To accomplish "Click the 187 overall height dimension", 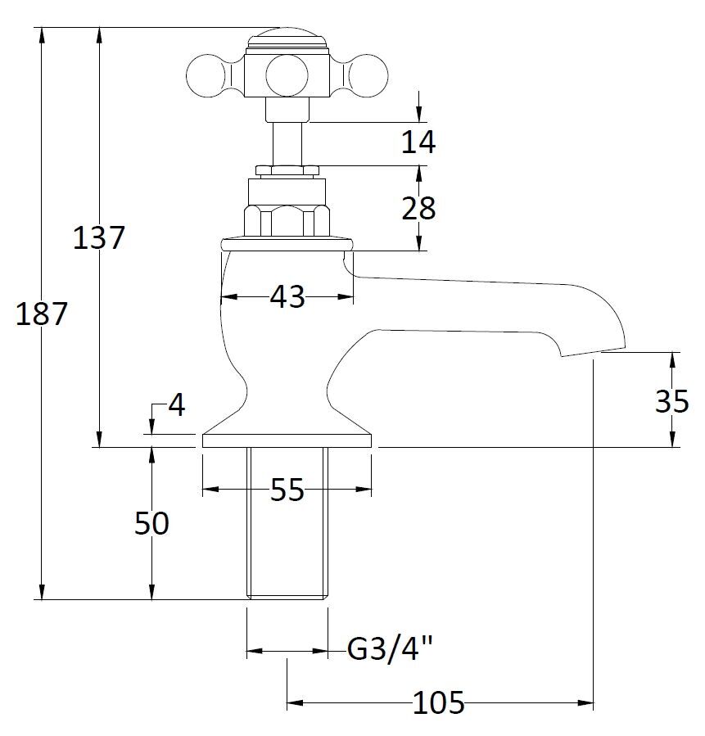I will point(41,314).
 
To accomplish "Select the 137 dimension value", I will point(99,238).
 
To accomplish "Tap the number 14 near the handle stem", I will point(418,142).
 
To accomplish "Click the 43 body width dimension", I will point(287,296).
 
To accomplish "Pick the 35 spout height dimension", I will point(672,400).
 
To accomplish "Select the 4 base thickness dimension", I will point(177,404).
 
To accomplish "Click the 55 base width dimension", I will point(287,490).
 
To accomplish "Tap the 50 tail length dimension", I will point(151,523).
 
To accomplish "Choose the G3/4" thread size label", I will point(390,651).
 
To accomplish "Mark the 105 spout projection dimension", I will point(439,702).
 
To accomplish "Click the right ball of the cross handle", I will point(369,75).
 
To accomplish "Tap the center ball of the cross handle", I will point(287,75).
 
